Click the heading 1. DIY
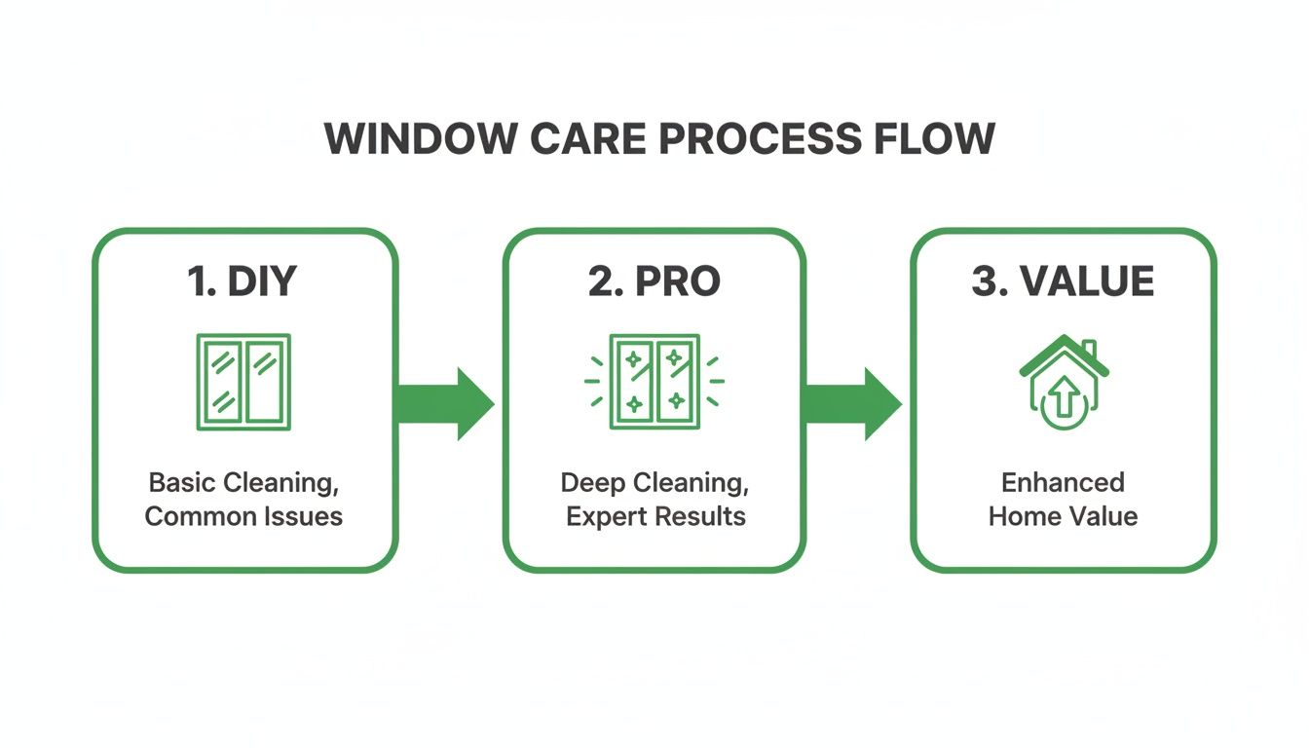(243, 281)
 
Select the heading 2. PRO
(654, 281)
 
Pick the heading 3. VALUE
(1063, 281)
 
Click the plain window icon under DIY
(243, 382)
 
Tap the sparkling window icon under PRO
(654, 382)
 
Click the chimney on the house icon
(1088, 349)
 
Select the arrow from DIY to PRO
(445, 403)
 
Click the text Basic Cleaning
(243, 482)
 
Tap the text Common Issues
(243, 515)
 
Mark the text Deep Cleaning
(654, 482)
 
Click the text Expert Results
(655, 515)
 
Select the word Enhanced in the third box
(1063, 482)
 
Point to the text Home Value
(1063, 515)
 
